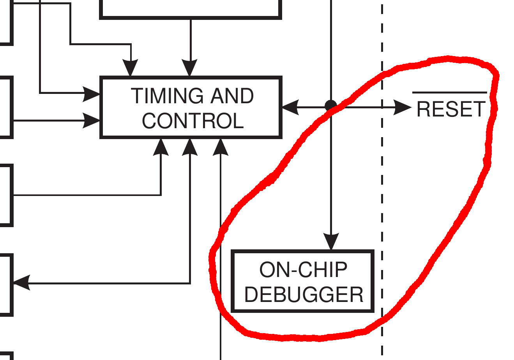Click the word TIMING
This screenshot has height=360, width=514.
pyautogui.click(x=166, y=96)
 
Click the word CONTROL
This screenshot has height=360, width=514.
pyautogui.click(x=193, y=121)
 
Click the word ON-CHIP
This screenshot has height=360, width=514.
pyautogui.click(x=303, y=270)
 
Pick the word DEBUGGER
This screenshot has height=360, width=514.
pyautogui.click(x=304, y=295)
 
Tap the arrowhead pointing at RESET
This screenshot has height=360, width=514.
pyautogui.click(x=402, y=107)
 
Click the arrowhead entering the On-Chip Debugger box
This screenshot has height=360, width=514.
pyautogui.click(x=331, y=241)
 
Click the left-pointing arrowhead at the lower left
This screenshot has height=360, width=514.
pyautogui.click(x=22, y=282)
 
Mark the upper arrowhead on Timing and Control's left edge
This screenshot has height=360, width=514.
pyautogui.click(x=92, y=94)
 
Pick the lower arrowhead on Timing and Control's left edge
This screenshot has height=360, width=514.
pyautogui.click(x=92, y=120)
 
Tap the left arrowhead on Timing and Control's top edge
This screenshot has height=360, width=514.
pyautogui.click(x=131, y=68)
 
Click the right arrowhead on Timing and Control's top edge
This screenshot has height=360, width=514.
pyautogui.click(x=190, y=68)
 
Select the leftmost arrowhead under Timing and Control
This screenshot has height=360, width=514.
pyautogui.click(x=161, y=147)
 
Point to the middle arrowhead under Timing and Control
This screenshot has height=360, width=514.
pyautogui.click(x=190, y=147)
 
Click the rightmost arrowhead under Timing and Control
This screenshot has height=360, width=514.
pyautogui.click(x=221, y=147)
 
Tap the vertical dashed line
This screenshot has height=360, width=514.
pyautogui.click(x=382, y=195)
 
